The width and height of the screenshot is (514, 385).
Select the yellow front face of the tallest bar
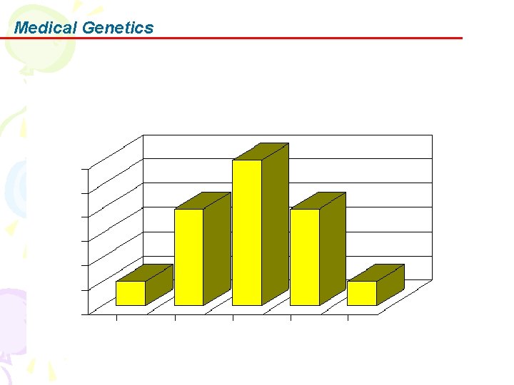246,232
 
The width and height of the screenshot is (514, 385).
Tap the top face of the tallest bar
261,151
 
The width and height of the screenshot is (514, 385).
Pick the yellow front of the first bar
131,293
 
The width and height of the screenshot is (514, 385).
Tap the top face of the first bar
145,272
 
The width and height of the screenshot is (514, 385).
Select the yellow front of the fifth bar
362,293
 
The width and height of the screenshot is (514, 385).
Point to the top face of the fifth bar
376,272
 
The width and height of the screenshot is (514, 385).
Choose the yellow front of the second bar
188,257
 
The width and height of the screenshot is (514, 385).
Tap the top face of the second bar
203,200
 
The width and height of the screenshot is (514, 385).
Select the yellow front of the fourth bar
304,257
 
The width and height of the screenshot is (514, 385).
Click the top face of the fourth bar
318,200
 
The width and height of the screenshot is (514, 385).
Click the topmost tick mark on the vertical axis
85,169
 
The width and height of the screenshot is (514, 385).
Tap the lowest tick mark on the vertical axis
85,314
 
